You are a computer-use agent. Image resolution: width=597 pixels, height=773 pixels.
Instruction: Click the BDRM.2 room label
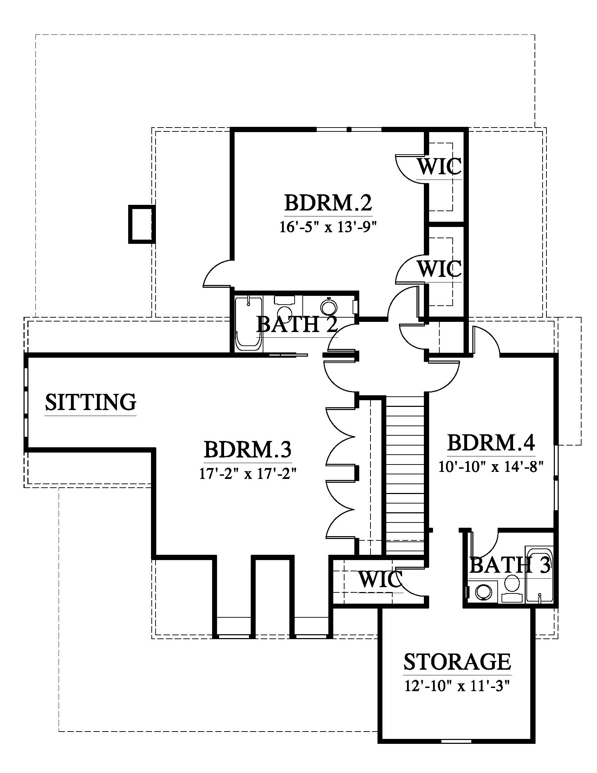pos(328,203)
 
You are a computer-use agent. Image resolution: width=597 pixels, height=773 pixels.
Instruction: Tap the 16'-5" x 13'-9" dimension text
pos(327,227)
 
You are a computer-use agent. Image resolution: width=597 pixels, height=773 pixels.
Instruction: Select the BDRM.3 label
pos(248,449)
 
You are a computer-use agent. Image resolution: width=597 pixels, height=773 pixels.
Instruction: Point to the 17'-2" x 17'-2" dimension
pos(247,473)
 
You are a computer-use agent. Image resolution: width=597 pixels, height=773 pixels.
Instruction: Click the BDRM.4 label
pos(491,443)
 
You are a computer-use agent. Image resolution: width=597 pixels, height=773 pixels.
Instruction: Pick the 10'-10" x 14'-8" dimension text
pos(491,467)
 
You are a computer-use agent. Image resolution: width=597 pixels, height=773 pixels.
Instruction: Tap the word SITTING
pos(91,402)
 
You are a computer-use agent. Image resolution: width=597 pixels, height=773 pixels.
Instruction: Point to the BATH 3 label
pos(510,565)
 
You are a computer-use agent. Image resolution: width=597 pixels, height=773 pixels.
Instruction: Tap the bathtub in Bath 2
pos(249,324)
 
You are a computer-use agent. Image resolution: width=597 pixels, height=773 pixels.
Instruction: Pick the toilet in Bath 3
pos(511,588)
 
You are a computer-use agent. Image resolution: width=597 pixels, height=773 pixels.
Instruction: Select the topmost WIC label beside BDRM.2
pos(440,166)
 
